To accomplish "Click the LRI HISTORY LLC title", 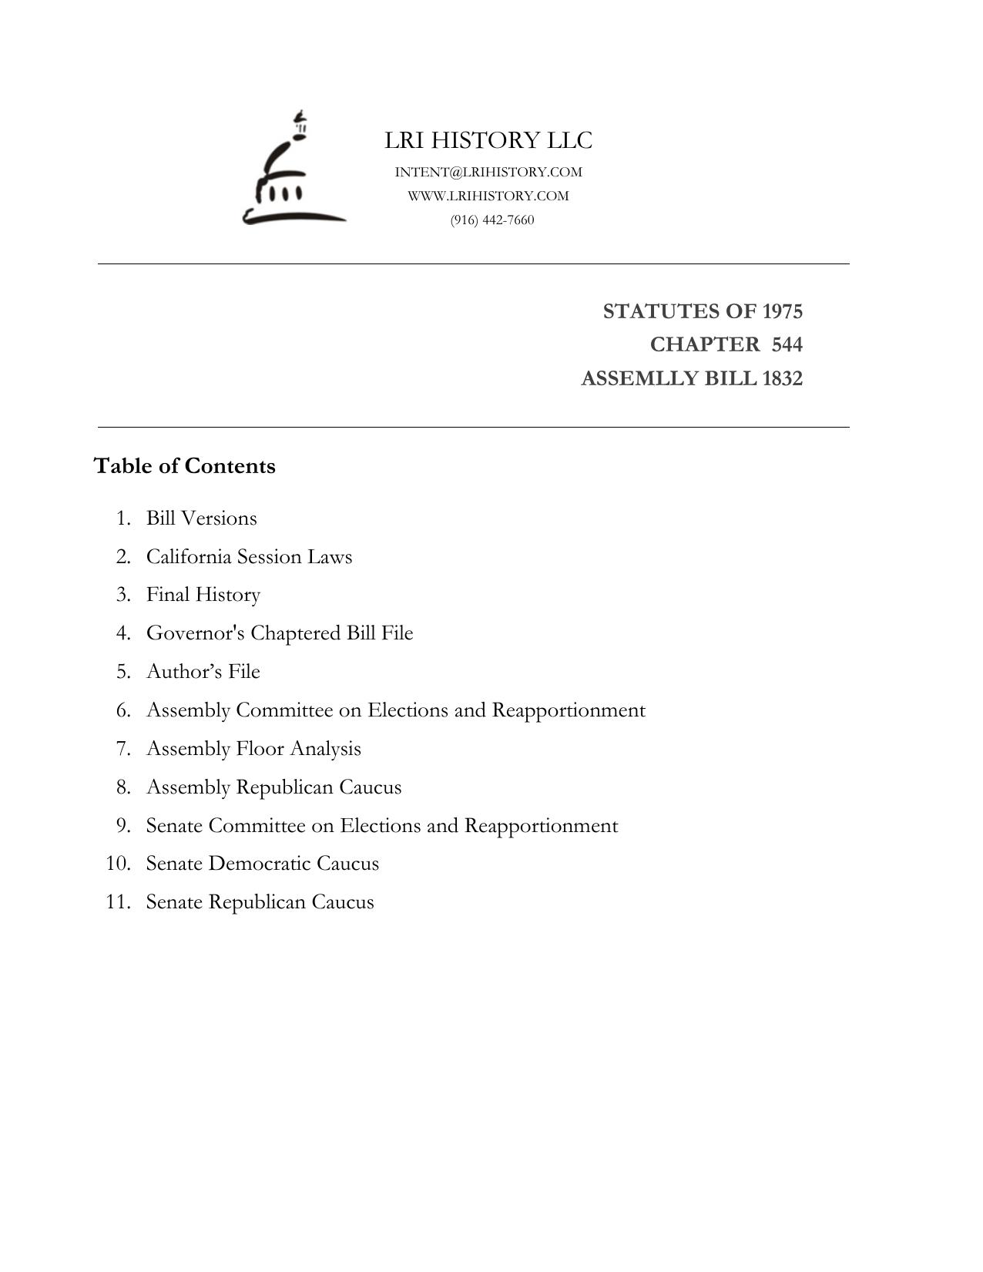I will click(488, 140).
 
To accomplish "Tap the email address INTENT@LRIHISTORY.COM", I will click(488, 172).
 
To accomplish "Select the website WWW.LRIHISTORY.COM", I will click(488, 196).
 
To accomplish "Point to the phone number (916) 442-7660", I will click(492, 220).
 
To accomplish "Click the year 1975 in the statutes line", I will click(782, 311).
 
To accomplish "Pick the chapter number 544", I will click(787, 344).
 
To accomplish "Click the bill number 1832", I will click(782, 378).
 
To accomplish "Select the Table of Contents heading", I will click(184, 466).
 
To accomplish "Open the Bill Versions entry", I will click(201, 518).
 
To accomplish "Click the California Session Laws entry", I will click(249, 556).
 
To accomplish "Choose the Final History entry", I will click(203, 595).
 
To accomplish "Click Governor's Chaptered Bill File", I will click(280, 633).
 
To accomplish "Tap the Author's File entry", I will click(203, 672).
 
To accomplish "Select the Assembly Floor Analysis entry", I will click(253, 749).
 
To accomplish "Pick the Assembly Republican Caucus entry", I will click(273, 787).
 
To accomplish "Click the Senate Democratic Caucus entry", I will click(262, 864).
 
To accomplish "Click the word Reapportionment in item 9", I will click(541, 826).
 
